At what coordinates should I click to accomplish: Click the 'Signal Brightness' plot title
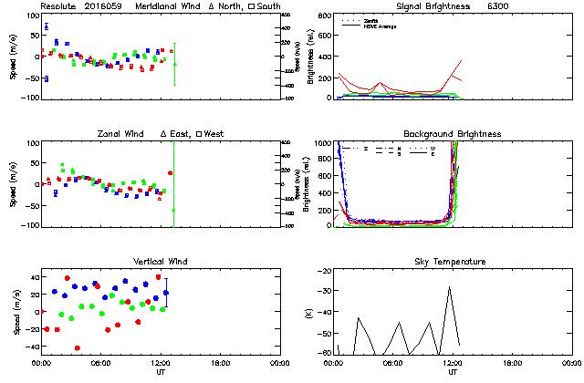point(433,5)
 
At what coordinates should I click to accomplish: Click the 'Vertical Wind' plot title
point(156,262)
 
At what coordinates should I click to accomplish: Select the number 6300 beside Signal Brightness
point(498,5)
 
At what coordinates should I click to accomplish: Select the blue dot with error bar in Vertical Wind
point(166,293)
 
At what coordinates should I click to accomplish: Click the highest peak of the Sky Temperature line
point(450,288)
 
